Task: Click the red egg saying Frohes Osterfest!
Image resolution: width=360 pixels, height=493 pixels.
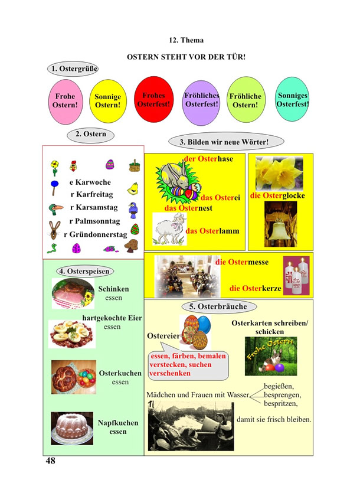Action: pos(154,99)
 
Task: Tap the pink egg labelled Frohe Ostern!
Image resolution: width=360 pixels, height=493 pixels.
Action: pos(66,102)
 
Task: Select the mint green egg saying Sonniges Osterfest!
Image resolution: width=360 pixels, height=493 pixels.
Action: pos(292,99)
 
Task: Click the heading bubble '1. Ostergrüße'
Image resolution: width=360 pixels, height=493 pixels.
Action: pos(73,68)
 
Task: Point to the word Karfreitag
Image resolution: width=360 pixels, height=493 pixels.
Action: pos(94,194)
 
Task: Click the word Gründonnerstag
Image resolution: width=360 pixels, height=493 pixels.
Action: pos(98,234)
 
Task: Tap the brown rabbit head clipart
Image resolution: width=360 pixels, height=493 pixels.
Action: pos(55,230)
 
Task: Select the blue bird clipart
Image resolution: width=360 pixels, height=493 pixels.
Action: pos(133,210)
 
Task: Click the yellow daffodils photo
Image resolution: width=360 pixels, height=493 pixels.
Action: pos(280,174)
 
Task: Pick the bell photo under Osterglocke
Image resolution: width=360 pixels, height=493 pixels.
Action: pos(280,224)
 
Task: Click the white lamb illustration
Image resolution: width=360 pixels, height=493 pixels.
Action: pos(169,228)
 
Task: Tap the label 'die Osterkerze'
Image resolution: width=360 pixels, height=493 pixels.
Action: pos(256,288)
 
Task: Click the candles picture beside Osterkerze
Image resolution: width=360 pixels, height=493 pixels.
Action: pos(296,276)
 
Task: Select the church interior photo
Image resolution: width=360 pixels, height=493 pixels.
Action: pos(188,276)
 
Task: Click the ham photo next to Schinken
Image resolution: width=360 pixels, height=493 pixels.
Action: pos(73,293)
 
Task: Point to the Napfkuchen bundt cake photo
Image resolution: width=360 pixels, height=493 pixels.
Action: pos(72,428)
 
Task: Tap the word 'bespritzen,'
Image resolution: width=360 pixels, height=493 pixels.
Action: pos(280,403)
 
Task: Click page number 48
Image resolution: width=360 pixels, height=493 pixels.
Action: pos(50,461)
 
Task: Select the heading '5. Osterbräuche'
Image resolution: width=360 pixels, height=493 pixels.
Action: pos(219,306)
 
